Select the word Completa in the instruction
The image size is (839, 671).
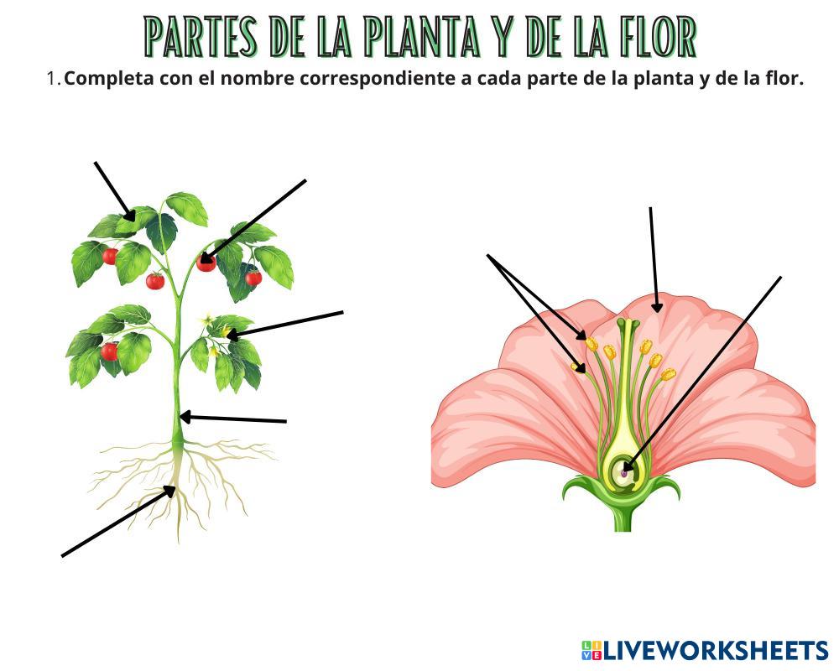click(107, 79)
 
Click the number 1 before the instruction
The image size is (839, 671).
click(52, 79)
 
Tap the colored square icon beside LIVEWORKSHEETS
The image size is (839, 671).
click(591, 650)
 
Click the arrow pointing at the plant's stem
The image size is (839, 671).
click(235, 419)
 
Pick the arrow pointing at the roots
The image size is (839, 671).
click(117, 523)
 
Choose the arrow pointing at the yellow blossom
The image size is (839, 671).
click(285, 323)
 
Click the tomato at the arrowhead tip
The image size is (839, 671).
click(206, 263)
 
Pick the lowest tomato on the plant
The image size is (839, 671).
click(109, 351)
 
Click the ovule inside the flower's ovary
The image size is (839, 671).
click(624, 472)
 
